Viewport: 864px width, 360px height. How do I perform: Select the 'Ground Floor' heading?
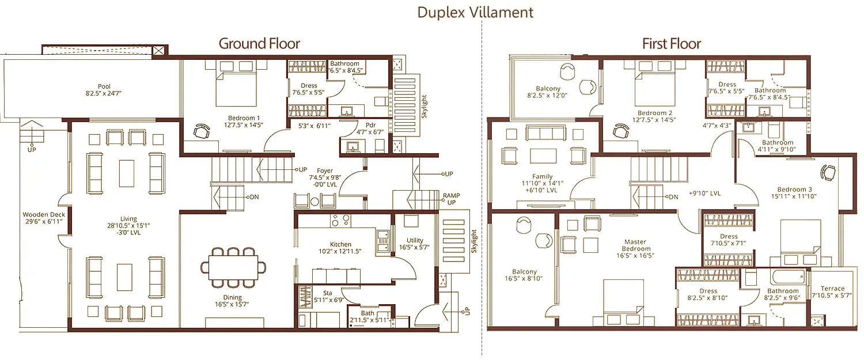[259, 43]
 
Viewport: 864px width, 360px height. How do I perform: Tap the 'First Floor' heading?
[672, 43]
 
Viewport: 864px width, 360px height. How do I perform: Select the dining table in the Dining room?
[234, 267]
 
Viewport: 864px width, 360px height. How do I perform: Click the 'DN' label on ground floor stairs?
[254, 197]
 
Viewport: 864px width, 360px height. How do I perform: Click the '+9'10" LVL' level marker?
[704, 194]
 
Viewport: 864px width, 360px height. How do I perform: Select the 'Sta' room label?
[328, 293]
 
